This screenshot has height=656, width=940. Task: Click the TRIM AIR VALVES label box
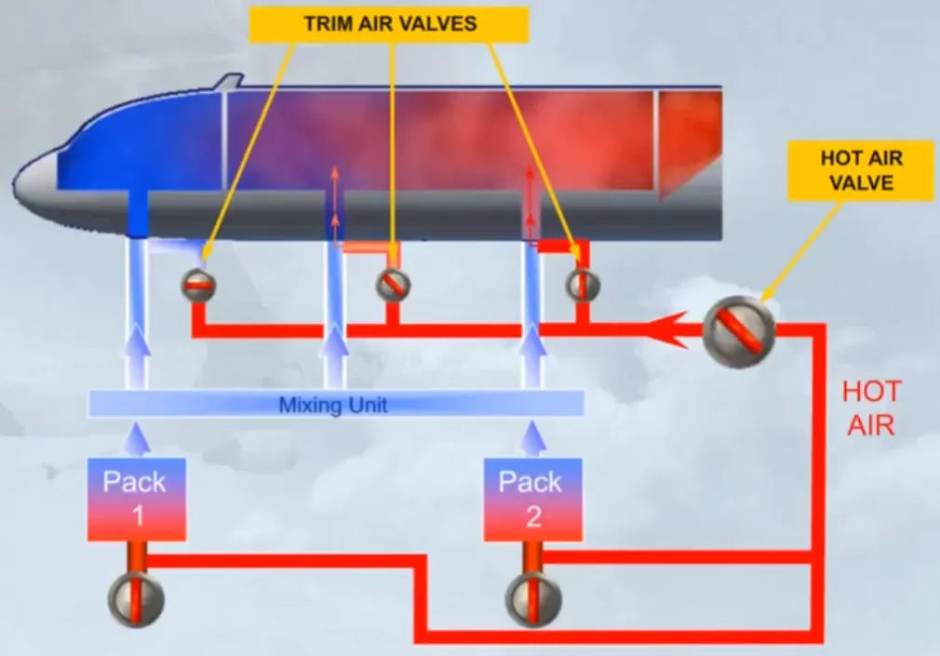coord(389,24)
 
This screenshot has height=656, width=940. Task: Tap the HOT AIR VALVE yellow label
coord(861,171)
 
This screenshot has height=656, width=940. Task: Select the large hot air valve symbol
coord(739,331)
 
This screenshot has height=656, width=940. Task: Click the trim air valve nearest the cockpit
coord(198,286)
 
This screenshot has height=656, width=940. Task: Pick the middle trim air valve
coord(394,285)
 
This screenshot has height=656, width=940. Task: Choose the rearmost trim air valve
coord(583,285)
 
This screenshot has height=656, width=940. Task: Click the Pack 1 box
coord(137,500)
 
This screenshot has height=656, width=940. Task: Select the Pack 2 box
coord(533,500)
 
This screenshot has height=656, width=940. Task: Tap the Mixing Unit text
coord(333,405)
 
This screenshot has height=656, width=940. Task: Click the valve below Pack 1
coord(136,599)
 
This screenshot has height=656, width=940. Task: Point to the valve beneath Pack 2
coord(533,599)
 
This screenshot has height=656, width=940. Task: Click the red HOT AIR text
coord(872,408)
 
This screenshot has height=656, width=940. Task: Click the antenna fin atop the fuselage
coord(230,82)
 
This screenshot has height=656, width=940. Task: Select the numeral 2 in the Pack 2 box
coord(533,516)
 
